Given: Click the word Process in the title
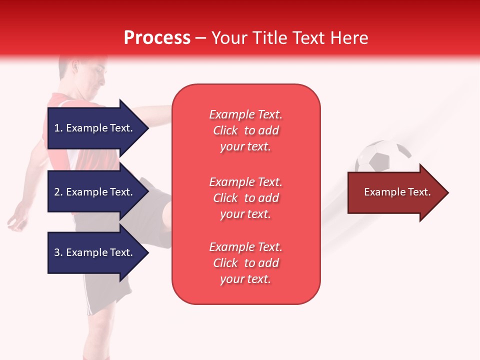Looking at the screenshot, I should pos(157,38).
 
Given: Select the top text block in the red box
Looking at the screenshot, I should pos(245,130).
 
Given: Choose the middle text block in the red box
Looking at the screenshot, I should pos(245,198).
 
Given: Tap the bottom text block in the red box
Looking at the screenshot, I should pos(245,263).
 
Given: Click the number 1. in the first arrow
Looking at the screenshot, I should pos(58,128).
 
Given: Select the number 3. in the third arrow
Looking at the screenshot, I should pos(58,252).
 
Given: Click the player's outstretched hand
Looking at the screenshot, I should pos(17,220).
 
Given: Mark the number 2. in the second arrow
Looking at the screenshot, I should pos(58,192).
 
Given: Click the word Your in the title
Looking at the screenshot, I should pos(230,38).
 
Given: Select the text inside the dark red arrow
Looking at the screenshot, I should pos(397,192).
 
